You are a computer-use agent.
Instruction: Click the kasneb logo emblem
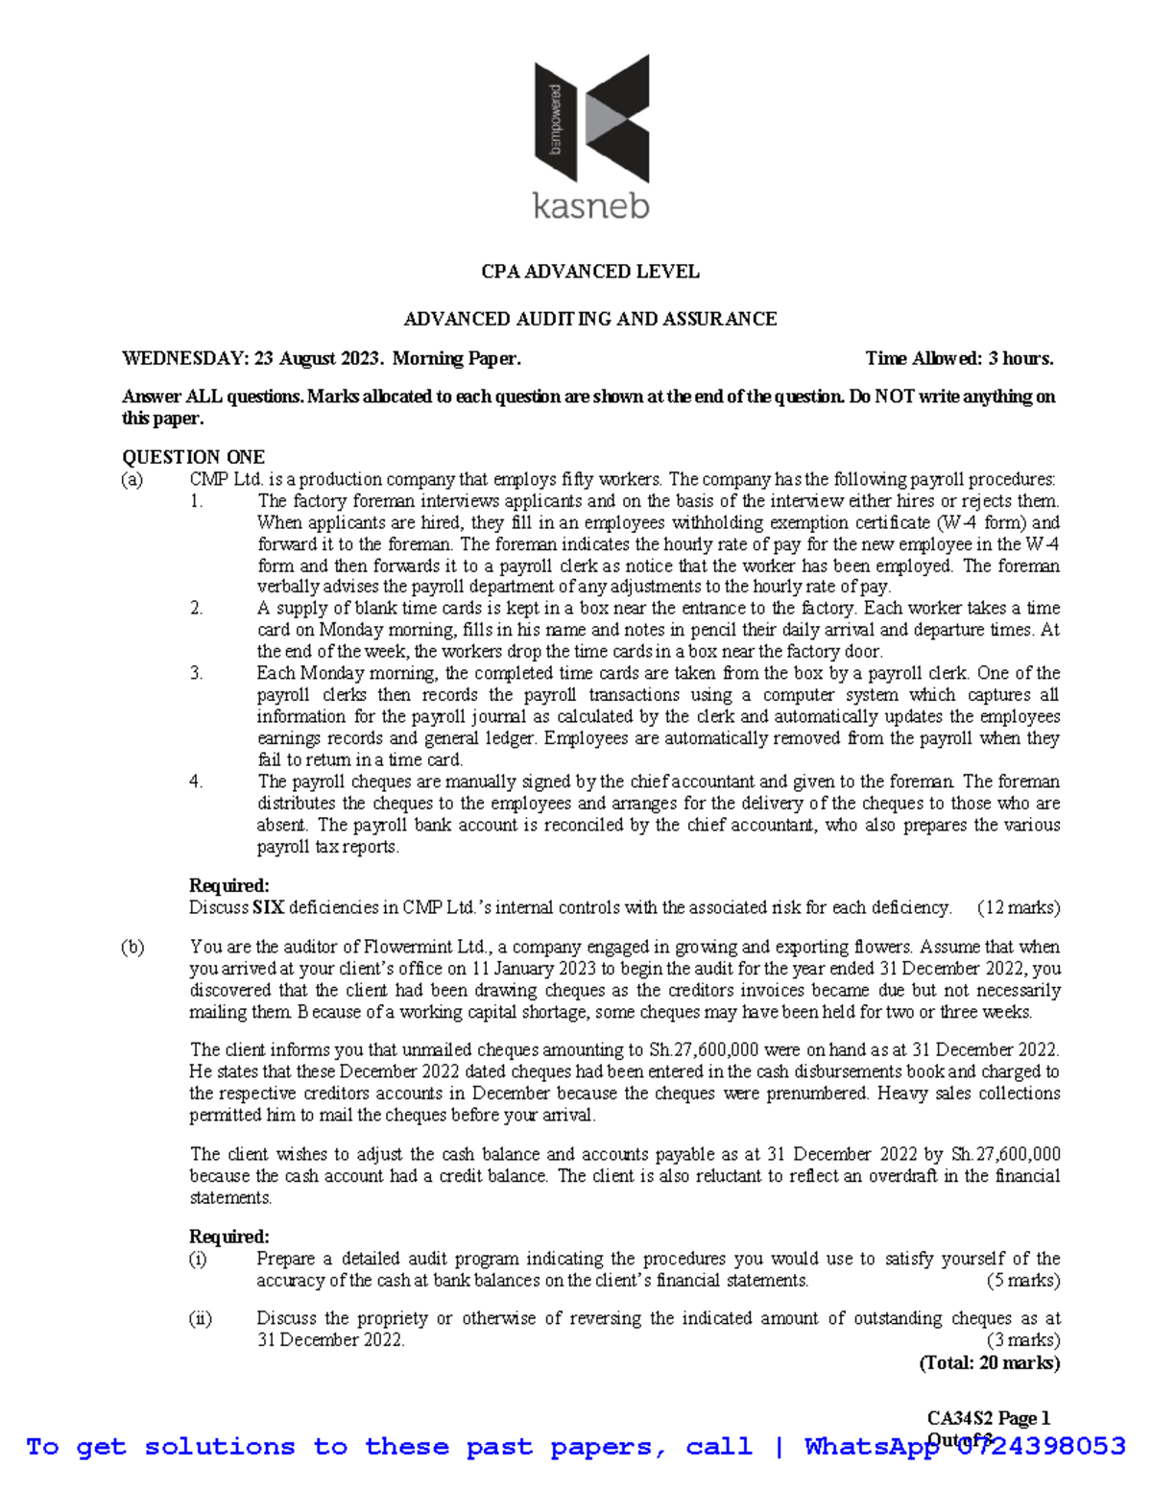(x=591, y=118)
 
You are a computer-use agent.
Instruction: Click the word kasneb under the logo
(x=591, y=205)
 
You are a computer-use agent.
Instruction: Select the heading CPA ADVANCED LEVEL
(x=589, y=272)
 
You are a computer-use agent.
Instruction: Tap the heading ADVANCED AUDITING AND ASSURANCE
(x=589, y=319)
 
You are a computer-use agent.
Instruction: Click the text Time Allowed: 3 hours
(x=959, y=359)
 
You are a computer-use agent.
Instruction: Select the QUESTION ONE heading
(x=193, y=457)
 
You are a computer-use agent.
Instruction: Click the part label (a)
(x=132, y=479)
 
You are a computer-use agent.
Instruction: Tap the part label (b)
(x=132, y=947)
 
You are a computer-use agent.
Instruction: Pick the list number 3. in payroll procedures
(x=196, y=673)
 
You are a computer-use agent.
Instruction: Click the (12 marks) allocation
(x=1018, y=907)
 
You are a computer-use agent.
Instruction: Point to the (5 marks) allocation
(x=1022, y=1281)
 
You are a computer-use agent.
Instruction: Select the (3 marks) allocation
(x=1022, y=1340)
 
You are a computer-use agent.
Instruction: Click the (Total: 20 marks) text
(x=989, y=1362)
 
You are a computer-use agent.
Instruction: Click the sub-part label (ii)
(x=200, y=1318)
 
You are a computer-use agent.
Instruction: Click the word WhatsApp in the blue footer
(x=871, y=1447)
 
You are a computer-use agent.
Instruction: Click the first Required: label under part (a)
(x=228, y=885)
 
